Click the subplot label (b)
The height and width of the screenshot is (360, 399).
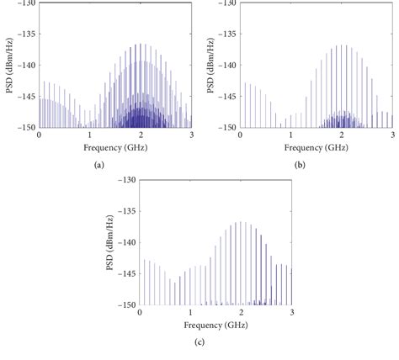(x=300, y=165)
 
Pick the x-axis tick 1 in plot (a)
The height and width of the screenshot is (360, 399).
(x=90, y=135)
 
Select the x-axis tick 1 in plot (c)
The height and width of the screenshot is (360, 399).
(x=190, y=313)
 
